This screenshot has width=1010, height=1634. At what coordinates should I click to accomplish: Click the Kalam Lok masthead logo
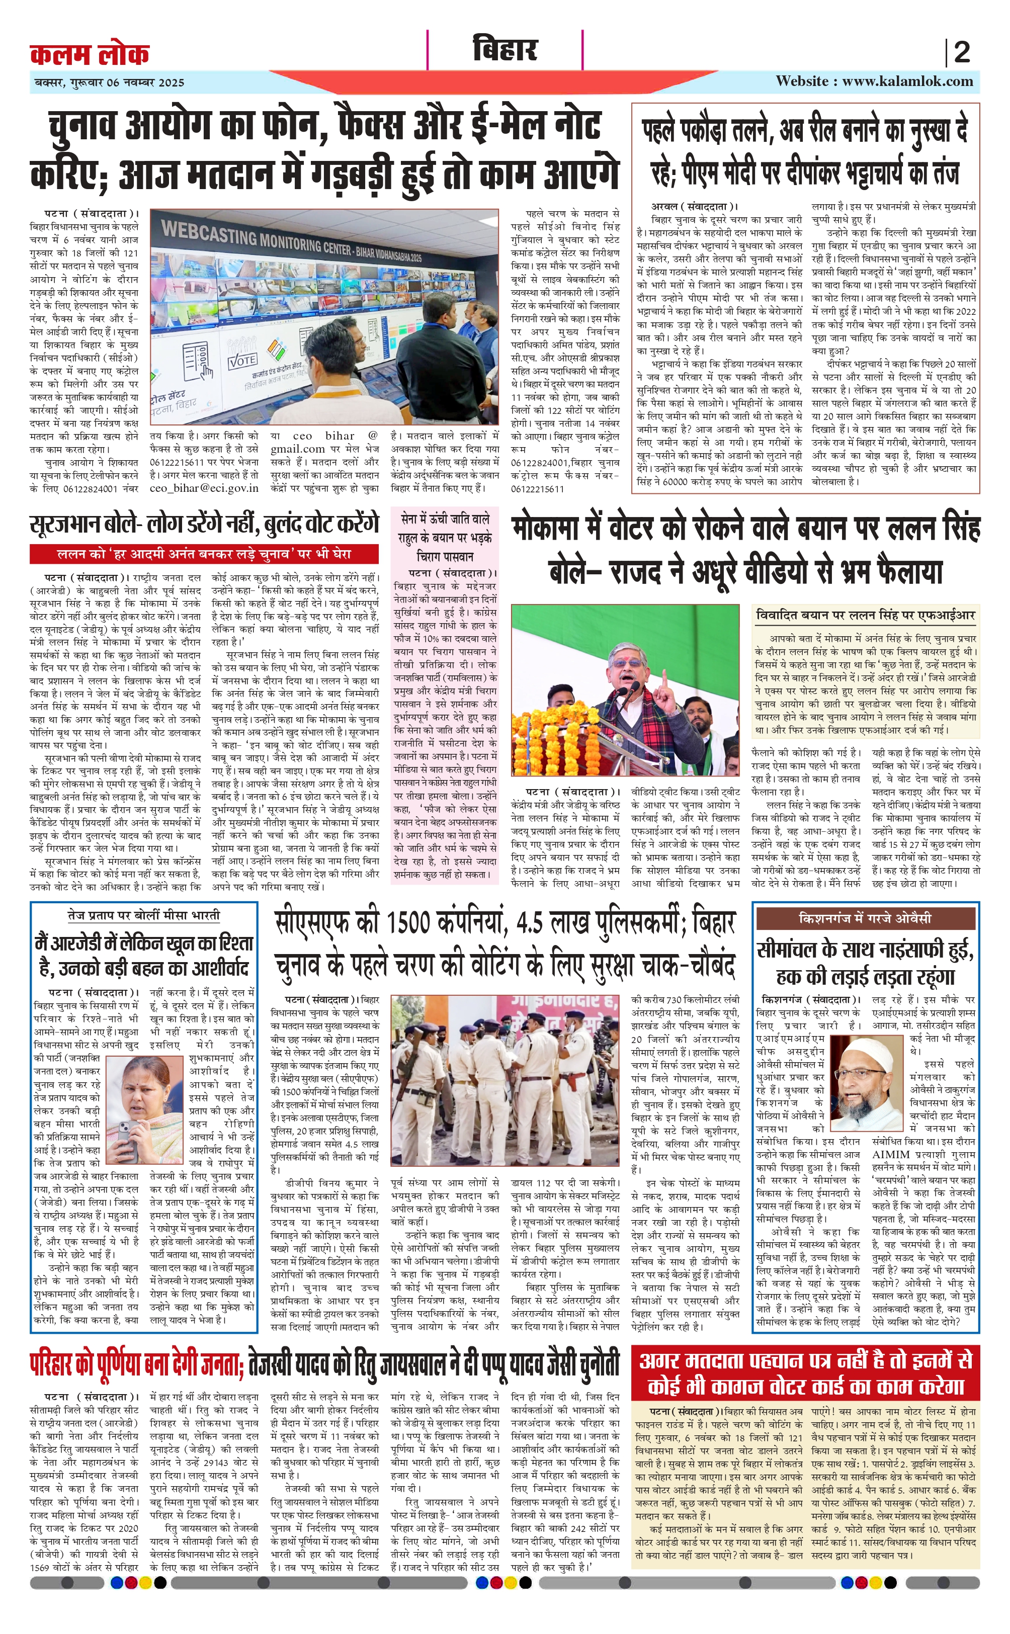[x=90, y=53]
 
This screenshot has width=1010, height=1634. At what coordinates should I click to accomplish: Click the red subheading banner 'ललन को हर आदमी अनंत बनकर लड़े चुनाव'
[x=204, y=554]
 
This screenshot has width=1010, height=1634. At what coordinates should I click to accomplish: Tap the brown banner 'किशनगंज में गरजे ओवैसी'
[x=865, y=918]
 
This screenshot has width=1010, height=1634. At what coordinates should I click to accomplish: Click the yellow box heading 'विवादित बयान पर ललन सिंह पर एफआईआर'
[x=866, y=615]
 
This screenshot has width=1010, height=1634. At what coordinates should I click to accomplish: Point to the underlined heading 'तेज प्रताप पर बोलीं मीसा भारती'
[x=144, y=915]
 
